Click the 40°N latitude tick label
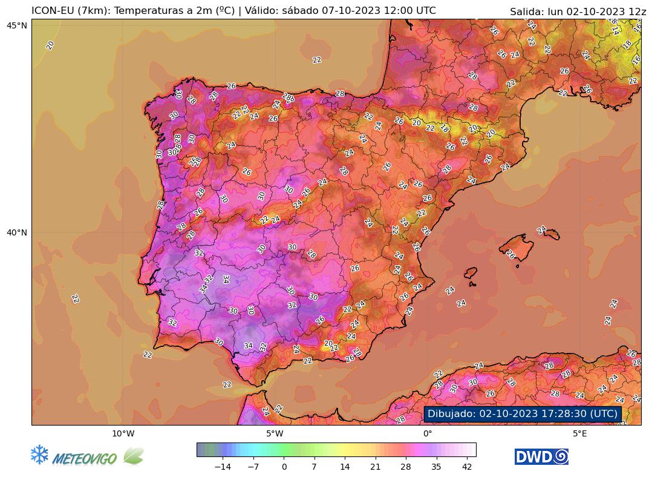[x=18, y=232]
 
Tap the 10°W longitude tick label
[x=123, y=433]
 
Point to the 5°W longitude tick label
[x=275, y=433]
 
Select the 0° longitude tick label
[x=428, y=433]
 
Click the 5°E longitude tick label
[x=580, y=433]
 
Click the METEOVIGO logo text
[x=85, y=459]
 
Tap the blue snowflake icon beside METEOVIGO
[x=39, y=455]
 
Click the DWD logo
[x=541, y=456]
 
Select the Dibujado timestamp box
[x=523, y=413]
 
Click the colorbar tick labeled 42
[x=467, y=467]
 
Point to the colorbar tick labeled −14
[x=223, y=467]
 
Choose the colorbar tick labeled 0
[x=284, y=467]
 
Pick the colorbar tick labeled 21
[x=375, y=467]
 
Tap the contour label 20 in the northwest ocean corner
[x=50, y=45]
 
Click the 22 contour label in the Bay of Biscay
[x=316, y=60]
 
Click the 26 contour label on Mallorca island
[x=510, y=254]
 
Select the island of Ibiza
[x=469, y=273]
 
